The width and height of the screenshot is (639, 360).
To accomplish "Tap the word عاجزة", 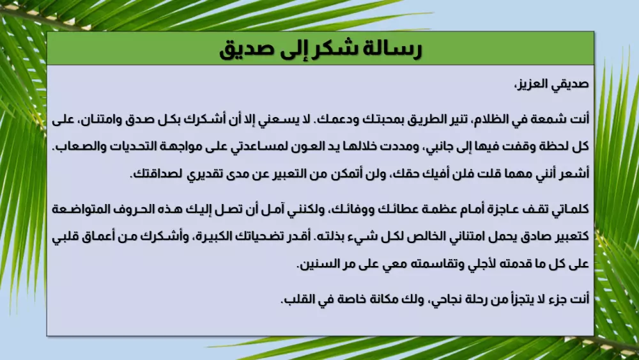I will click(500, 208).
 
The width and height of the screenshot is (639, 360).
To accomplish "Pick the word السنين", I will click(318, 263).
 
